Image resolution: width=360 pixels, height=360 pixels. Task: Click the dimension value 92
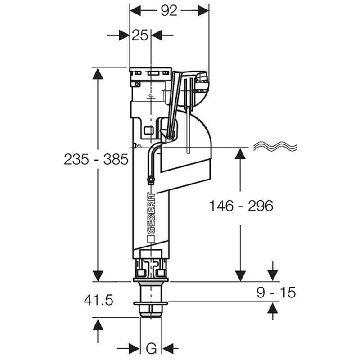[x=169, y=10]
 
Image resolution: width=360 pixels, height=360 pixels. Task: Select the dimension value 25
[x=140, y=35]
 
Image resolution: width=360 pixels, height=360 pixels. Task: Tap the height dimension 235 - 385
[x=96, y=159]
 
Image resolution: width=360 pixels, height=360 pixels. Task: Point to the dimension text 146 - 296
[x=241, y=206]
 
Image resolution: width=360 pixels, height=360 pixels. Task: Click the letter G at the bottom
[x=152, y=348]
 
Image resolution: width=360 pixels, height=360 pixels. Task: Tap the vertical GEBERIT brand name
[x=151, y=214]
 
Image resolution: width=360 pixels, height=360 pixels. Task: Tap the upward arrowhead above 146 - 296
[x=241, y=154]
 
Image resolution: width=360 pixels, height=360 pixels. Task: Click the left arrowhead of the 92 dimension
[x=136, y=10]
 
